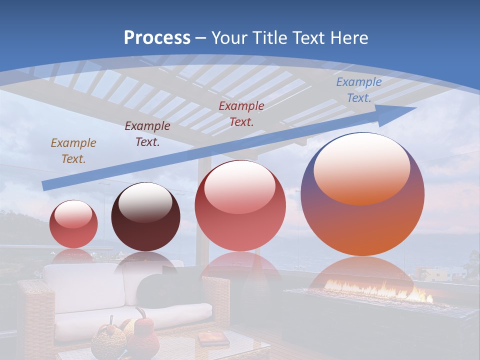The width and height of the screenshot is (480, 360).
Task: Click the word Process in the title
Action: (x=157, y=37)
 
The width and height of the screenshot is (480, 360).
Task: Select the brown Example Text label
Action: (x=73, y=150)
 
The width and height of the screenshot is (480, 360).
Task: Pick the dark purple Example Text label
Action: (x=147, y=133)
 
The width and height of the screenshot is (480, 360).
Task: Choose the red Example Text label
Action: (x=241, y=113)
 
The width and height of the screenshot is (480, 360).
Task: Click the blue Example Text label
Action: (x=358, y=90)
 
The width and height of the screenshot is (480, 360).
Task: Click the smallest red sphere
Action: (x=73, y=224)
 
